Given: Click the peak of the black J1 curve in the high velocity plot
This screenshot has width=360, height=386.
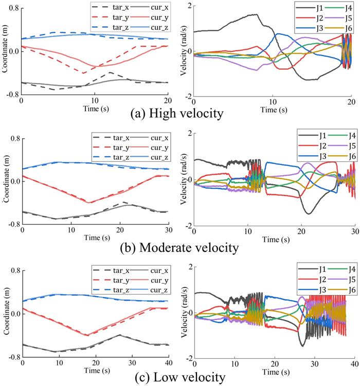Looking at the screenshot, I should (x=255, y=15).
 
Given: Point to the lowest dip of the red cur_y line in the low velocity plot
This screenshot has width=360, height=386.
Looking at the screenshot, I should (x=87, y=334).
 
